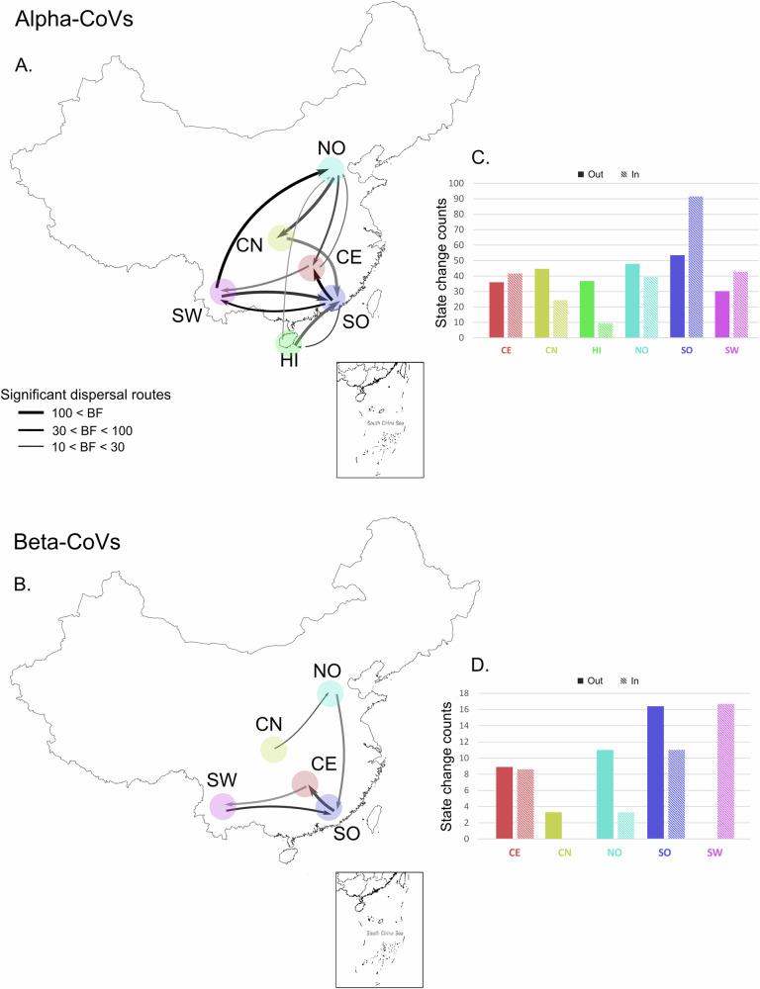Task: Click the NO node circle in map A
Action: point(332,169)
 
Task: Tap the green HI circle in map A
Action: point(288,343)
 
